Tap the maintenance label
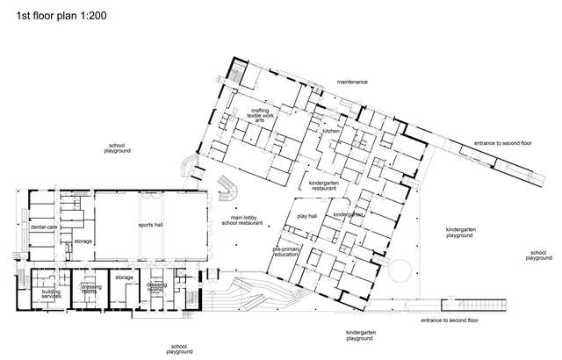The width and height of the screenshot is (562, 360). pos(352,82)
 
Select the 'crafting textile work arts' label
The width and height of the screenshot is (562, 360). pos(260,116)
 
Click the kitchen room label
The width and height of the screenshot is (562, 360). pos(330,131)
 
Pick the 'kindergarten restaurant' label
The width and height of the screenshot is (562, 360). pos(323,185)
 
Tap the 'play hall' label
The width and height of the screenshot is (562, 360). pos(307,215)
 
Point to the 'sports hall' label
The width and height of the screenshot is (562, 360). pos(151,225)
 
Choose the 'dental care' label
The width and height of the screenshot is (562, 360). pos(44,227)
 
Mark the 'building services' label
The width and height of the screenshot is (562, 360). pos(51,294)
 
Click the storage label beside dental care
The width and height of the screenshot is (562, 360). pos(83,241)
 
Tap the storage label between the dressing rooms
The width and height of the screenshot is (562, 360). pos(124,277)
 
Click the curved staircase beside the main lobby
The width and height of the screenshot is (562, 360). pos(232,185)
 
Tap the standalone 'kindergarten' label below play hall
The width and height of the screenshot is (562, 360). pos(349,214)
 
